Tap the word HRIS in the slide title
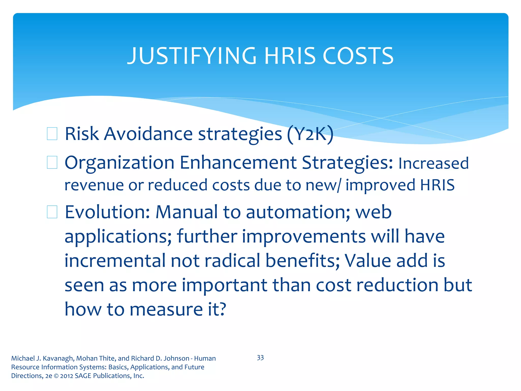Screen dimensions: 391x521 (x=290, y=56)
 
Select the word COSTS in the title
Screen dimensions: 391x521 (x=358, y=56)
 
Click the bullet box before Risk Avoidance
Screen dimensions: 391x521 (x=52, y=134)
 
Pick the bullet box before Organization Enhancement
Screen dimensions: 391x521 (x=52, y=163)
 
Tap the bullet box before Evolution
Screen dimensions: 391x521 (x=52, y=212)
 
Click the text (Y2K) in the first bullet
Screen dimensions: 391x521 (x=310, y=134)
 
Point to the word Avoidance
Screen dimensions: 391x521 (x=148, y=134)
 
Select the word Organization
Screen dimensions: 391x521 (x=119, y=163)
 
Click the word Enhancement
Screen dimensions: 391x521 (x=238, y=163)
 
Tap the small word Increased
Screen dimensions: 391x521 (x=433, y=163)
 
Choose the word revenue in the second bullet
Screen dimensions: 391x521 (x=94, y=185)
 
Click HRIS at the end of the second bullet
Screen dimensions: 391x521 (x=437, y=185)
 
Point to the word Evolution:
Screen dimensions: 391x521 (x=107, y=212)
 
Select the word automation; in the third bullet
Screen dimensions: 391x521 (x=298, y=212)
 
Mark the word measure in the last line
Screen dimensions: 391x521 (x=166, y=310)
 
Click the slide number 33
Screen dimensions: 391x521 (x=260, y=358)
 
